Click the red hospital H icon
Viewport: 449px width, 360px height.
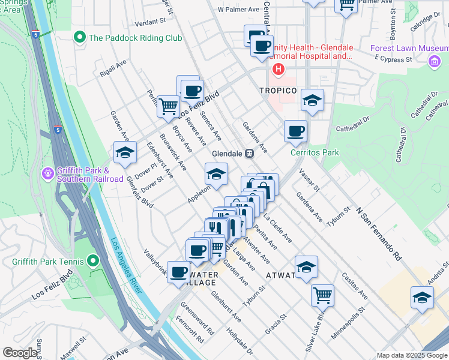[278, 70]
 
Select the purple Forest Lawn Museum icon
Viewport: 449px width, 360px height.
[434, 61]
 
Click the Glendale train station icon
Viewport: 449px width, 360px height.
[248, 153]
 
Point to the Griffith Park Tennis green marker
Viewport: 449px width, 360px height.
[92, 261]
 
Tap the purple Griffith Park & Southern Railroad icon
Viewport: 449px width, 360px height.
[48, 174]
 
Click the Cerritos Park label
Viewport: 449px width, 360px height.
[315, 152]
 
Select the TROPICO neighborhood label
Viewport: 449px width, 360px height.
[279, 91]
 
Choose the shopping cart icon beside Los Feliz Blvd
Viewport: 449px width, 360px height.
[169, 106]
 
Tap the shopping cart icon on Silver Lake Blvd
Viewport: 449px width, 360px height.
[323, 295]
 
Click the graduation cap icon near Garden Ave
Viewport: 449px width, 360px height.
[125, 153]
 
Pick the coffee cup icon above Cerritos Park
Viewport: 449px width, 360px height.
[295, 131]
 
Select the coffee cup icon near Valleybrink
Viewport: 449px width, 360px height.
[178, 272]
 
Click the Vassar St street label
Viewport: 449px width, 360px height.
[307, 179]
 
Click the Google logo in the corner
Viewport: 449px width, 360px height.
[20, 353]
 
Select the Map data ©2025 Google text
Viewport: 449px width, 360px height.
[411, 355]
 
